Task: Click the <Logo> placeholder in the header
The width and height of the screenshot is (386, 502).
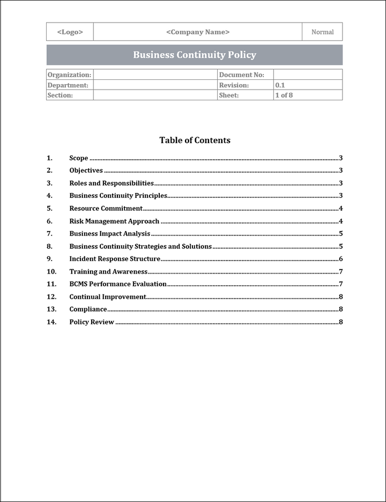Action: (70, 32)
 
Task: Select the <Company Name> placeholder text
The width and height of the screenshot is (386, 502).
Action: (198, 32)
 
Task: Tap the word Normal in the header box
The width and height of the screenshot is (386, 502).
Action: (322, 32)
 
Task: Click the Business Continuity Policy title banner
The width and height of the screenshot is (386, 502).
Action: (195, 55)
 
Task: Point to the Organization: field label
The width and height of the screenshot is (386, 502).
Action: (69, 75)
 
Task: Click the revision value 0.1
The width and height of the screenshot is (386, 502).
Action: (280, 85)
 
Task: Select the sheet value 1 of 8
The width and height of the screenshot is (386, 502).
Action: (284, 95)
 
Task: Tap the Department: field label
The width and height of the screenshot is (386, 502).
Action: (68, 85)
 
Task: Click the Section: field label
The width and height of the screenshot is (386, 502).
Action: (60, 95)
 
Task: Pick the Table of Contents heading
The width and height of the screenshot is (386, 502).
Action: (195, 141)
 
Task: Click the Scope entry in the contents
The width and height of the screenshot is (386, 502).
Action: (79, 158)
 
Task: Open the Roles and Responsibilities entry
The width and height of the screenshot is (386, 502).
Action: (112, 183)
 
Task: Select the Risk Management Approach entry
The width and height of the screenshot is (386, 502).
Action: (114, 221)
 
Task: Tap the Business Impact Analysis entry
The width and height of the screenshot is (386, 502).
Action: (110, 234)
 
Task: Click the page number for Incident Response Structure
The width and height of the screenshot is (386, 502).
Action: (340, 259)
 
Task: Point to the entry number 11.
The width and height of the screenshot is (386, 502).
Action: (51, 284)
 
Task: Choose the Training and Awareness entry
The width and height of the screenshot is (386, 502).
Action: (108, 272)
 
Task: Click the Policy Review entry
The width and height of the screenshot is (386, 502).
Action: (92, 322)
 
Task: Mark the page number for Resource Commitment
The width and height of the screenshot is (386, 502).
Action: (340, 209)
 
